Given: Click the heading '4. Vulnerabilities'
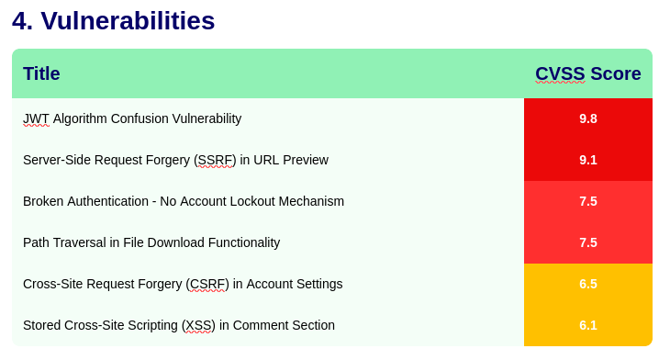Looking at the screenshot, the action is [x=113, y=20].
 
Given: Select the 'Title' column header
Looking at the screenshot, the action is [x=41, y=73].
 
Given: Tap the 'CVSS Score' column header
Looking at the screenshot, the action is [x=588, y=73].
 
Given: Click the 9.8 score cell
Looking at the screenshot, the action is [x=588, y=118].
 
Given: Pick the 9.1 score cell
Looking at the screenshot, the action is [x=588, y=160].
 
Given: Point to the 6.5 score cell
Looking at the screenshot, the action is [x=588, y=284].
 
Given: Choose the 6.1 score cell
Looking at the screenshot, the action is [x=588, y=325].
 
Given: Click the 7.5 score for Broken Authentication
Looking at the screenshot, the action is [x=588, y=201].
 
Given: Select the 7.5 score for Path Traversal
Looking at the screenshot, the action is [x=588, y=242].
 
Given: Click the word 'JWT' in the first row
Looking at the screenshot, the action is [x=36, y=118].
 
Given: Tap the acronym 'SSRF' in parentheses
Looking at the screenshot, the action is [x=217, y=160].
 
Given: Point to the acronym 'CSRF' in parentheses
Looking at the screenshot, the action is [x=207, y=284].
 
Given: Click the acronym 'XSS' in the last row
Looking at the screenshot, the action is [x=198, y=325].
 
